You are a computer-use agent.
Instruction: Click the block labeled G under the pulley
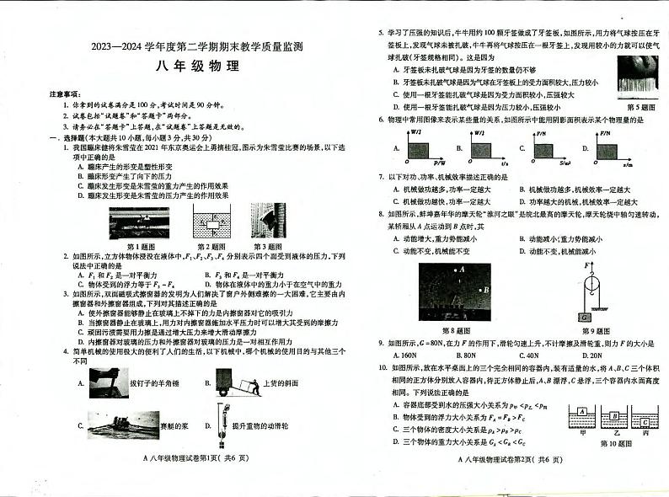pos(583,318)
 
